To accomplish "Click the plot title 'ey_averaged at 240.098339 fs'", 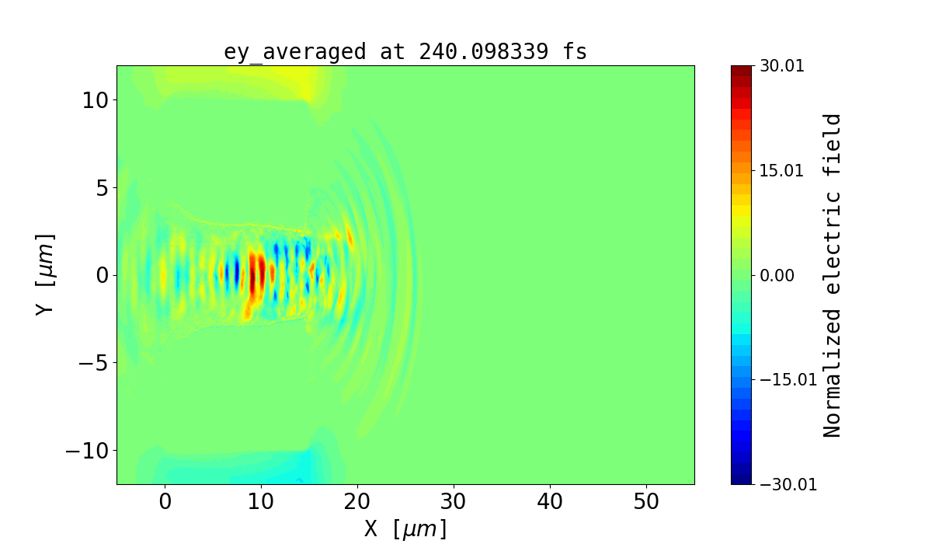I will tap(405, 52).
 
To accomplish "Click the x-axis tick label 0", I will tap(165, 502).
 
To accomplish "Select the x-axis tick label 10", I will tap(261, 502).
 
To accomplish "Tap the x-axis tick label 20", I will tap(357, 502).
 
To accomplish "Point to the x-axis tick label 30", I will tap(454, 502).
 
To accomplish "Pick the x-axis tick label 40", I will tap(550, 502).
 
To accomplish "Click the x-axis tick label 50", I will tap(646, 502).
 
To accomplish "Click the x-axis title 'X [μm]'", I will tap(405, 528).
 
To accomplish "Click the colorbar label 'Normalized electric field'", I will tap(832, 275).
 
